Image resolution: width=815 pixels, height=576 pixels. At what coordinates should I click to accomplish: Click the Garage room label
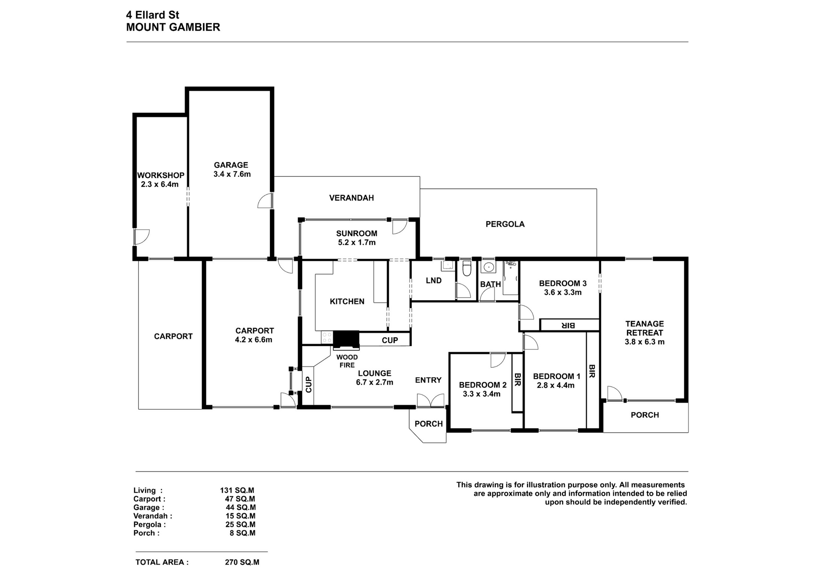[231, 165]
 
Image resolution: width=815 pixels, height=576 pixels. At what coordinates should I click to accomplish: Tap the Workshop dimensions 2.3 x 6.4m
[160, 185]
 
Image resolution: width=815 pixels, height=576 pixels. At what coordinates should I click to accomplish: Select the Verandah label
[351, 198]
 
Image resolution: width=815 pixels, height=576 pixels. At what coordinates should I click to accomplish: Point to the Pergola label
[505, 224]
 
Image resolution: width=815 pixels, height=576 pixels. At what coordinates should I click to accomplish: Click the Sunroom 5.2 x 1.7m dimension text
[357, 243]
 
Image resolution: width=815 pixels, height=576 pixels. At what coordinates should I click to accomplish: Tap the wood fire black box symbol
[346, 340]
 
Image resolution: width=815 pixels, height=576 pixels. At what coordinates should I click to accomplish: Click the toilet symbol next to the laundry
[467, 269]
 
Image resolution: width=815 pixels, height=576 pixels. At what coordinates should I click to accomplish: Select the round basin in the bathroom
[489, 267]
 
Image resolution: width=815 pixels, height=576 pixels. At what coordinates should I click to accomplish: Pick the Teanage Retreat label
[644, 328]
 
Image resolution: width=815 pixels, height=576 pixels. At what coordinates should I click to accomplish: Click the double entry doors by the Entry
[430, 401]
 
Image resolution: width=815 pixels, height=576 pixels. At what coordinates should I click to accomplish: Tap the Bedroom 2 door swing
[498, 360]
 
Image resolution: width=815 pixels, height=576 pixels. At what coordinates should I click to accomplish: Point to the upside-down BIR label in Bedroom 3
[568, 325]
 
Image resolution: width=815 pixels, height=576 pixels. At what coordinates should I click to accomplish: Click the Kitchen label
[347, 302]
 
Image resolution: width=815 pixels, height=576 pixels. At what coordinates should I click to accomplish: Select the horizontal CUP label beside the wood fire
[390, 340]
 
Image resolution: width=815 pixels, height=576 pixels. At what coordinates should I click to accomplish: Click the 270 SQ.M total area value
[242, 562]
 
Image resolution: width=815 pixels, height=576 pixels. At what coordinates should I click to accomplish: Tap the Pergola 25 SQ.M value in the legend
[240, 525]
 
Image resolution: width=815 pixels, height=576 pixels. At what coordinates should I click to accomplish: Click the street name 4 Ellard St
[152, 15]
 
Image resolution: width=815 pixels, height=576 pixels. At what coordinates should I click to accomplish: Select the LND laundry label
[433, 280]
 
